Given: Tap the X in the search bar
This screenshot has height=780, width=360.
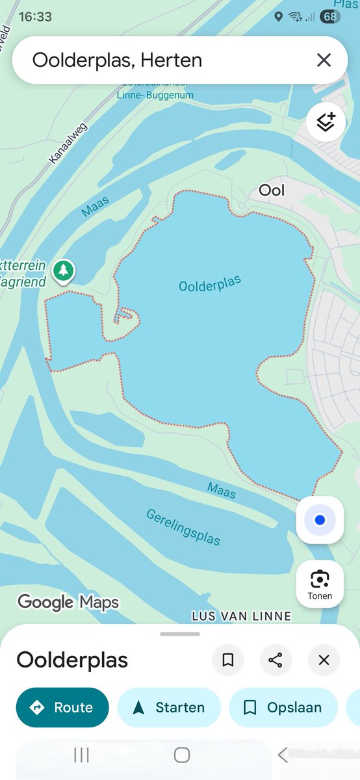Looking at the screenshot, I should pyautogui.click(x=324, y=60).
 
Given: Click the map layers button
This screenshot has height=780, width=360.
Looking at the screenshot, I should pyautogui.click(x=325, y=122).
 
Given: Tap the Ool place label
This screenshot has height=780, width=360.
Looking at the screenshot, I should pyautogui.click(x=272, y=190).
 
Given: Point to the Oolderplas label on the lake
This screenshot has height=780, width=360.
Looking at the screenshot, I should pyautogui.click(x=210, y=284).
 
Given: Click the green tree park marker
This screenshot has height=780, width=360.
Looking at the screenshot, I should pyautogui.click(x=63, y=270).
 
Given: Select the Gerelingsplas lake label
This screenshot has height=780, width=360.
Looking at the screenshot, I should pyautogui.click(x=183, y=526).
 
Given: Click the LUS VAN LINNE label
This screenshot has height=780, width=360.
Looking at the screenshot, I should pyautogui.click(x=241, y=616).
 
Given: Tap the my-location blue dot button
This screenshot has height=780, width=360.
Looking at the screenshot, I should pyautogui.click(x=319, y=520).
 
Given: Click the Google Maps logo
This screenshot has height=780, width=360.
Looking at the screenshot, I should pyautogui.click(x=68, y=603).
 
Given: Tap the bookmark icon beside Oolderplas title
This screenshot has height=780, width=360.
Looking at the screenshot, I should pyautogui.click(x=228, y=660).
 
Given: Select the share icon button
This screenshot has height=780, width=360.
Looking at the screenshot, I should pyautogui.click(x=276, y=660).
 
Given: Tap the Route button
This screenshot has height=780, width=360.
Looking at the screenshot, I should pyautogui.click(x=62, y=707).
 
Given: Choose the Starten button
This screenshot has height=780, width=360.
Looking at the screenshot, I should pyautogui.click(x=169, y=707).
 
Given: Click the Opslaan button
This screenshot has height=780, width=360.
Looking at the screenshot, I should pyautogui.click(x=283, y=707).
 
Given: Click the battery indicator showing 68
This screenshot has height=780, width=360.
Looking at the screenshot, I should pyautogui.click(x=329, y=17).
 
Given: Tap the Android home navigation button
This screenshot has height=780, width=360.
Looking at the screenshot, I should pyautogui.click(x=182, y=755).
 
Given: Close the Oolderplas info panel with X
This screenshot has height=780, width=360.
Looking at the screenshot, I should pyautogui.click(x=324, y=660).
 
